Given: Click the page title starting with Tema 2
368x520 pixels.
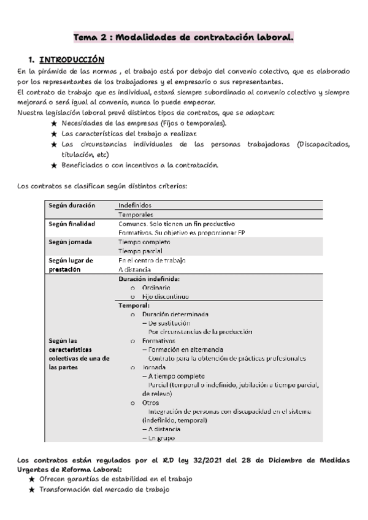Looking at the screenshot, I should (x=183, y=38).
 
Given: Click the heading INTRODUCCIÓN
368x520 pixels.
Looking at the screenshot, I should (x=72, y=60).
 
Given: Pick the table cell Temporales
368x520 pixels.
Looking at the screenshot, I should (x=136, y=215).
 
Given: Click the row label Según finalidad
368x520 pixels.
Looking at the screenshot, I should (x=72, y=224).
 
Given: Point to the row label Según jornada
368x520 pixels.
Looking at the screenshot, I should (x=70, y=242).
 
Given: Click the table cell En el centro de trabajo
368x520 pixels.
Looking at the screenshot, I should (x=152, y=260).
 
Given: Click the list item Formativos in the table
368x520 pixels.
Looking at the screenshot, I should (x=159, y=340).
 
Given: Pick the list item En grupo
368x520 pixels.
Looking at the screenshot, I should (x=161, y=438).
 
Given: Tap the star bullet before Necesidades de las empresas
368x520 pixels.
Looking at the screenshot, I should (x=55, y=123).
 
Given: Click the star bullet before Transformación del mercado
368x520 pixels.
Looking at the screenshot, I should (x=32, y=490).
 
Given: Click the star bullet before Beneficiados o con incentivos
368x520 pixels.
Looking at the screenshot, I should (x=55, y=165).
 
